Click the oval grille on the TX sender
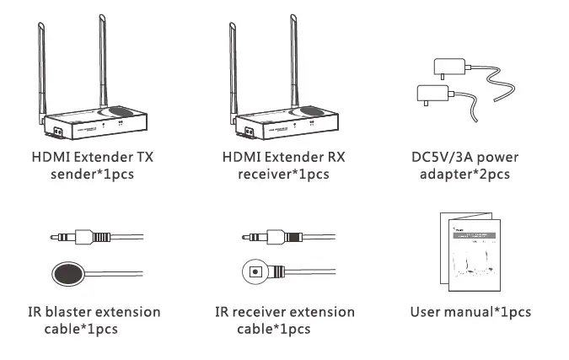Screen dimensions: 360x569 pos(120,112)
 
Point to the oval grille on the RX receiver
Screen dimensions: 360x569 pos(312,112)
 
